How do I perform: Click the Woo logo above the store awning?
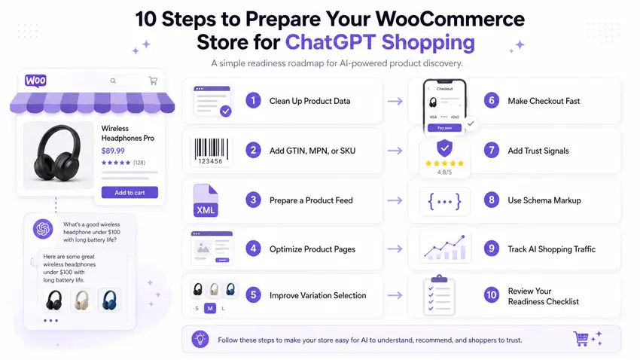point(36,81)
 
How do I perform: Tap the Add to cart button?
point(130,192)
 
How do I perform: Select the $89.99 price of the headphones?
point(113,151)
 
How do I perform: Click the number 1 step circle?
point(254,101)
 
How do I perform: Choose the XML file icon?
point(206,200)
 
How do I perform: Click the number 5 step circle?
point(254,295)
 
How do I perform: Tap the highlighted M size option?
point(210,309)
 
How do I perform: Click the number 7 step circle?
point(492,151)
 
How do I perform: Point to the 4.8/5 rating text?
point(444,172)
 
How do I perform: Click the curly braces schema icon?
point(444,201)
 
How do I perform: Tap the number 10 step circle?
point(492,295)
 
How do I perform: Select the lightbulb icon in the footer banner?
point(200,339)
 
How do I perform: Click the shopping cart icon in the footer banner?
point(581,339)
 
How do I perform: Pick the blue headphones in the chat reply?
point(109,301)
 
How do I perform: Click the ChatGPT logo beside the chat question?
point(43,229)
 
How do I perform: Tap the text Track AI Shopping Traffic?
point(551,249)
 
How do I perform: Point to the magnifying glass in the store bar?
point(114,81)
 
